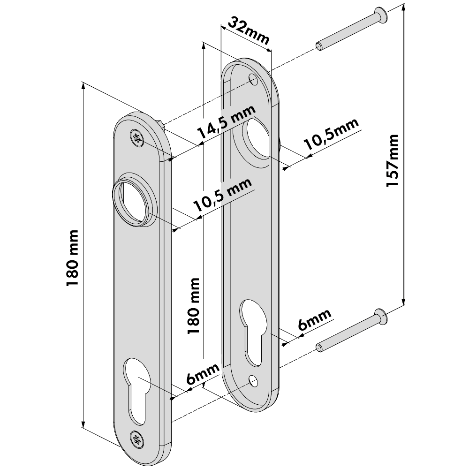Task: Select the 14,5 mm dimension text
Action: click(x=226, y=123)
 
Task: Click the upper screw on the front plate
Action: click(x=137, y=138)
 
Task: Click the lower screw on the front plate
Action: click(x=137, y=439)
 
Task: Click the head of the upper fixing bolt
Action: click(x=381, y=17)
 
